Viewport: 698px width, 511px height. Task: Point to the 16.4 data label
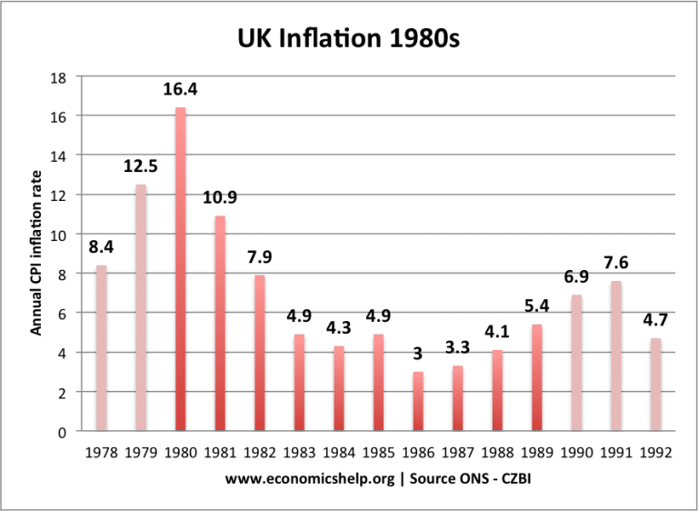pos(180,91)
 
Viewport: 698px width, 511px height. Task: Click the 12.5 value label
pos(140,167)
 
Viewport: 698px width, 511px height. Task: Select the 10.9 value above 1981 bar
pos(220,199)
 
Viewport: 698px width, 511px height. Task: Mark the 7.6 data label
pos(617,264)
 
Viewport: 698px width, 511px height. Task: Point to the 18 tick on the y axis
pos(60,77)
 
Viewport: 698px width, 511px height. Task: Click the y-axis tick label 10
pos(60,235)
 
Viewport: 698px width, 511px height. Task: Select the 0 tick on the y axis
pos(64,431)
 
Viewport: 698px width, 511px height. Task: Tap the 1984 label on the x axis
pos(339,451)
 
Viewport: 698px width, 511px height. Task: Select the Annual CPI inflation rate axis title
pos(36,255)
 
